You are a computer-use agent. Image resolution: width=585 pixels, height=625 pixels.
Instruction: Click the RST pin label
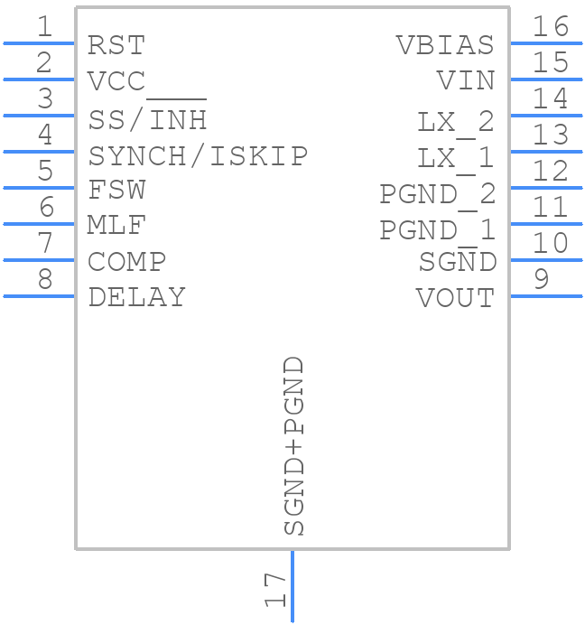(116, 45)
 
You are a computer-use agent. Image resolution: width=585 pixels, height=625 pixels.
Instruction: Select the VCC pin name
(116, 81)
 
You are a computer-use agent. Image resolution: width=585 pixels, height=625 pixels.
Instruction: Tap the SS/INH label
(148, 118)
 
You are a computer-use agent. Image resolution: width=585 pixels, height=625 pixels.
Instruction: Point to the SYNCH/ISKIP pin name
(198, 155)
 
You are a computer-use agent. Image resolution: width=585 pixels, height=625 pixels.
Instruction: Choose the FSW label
(116, 191)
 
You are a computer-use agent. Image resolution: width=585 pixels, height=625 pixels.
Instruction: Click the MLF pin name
(117, 225)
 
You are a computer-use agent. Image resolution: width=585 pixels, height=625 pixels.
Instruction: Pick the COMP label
(127, 262)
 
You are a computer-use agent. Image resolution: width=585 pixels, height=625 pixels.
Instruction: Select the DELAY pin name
(137, 297)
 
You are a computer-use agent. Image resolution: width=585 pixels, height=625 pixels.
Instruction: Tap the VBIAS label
(445, 45)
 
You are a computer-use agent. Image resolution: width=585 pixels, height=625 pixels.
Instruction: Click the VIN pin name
(466, 81)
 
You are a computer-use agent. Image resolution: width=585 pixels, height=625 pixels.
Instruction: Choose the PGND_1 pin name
(437, 229)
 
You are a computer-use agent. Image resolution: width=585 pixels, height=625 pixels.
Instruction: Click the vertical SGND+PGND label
(294, 446)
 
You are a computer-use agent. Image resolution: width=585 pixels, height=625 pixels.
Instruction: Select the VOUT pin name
(455, 297)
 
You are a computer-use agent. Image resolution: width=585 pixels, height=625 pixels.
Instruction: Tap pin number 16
(551, 27)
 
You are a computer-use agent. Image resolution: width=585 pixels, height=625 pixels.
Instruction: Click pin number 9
(541, 278)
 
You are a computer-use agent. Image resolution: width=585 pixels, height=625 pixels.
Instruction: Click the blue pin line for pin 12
(545, 187)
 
